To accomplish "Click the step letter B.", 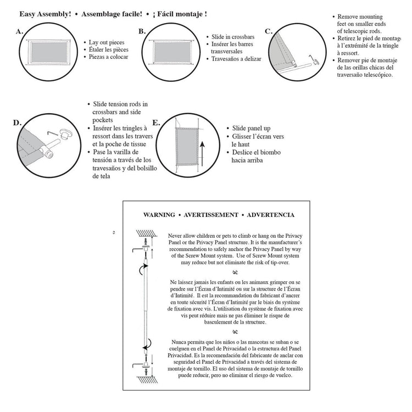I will point(142,31).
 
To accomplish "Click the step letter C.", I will point(269,31).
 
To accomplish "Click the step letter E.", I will point(156,123).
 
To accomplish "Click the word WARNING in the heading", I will point(159,215).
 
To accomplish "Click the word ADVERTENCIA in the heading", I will point(271,215).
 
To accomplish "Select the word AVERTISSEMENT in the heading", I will point(211,215).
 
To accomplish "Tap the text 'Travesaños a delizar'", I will point(237,59).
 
